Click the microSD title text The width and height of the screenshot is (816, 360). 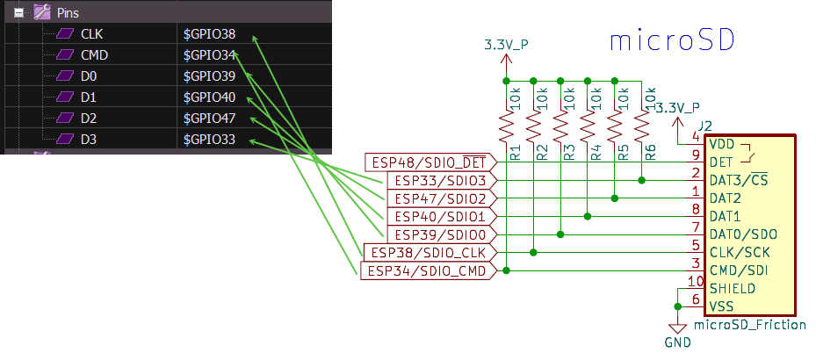click(672, 41)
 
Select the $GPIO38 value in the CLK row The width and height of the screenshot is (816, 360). click(209, 34)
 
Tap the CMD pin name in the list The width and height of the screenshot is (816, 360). click(94, 55)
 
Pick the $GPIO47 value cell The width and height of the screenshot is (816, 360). click(209, 119)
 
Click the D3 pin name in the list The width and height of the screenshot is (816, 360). click(89, 140)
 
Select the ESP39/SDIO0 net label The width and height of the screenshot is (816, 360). click(440, 235)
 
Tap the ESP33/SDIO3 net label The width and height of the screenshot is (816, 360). click(440, 181)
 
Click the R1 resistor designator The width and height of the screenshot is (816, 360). click(516, 153)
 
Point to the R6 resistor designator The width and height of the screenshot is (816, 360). click(651, 153)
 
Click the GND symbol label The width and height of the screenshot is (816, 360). click(677, 342)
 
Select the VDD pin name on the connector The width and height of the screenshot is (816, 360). click(723, 144)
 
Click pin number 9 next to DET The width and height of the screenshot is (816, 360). click(696, 155)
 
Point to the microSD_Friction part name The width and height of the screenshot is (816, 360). click(749, 326)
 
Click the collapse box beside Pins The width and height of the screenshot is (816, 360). click(18, 12)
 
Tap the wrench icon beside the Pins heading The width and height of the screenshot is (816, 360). click(42, 12)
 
